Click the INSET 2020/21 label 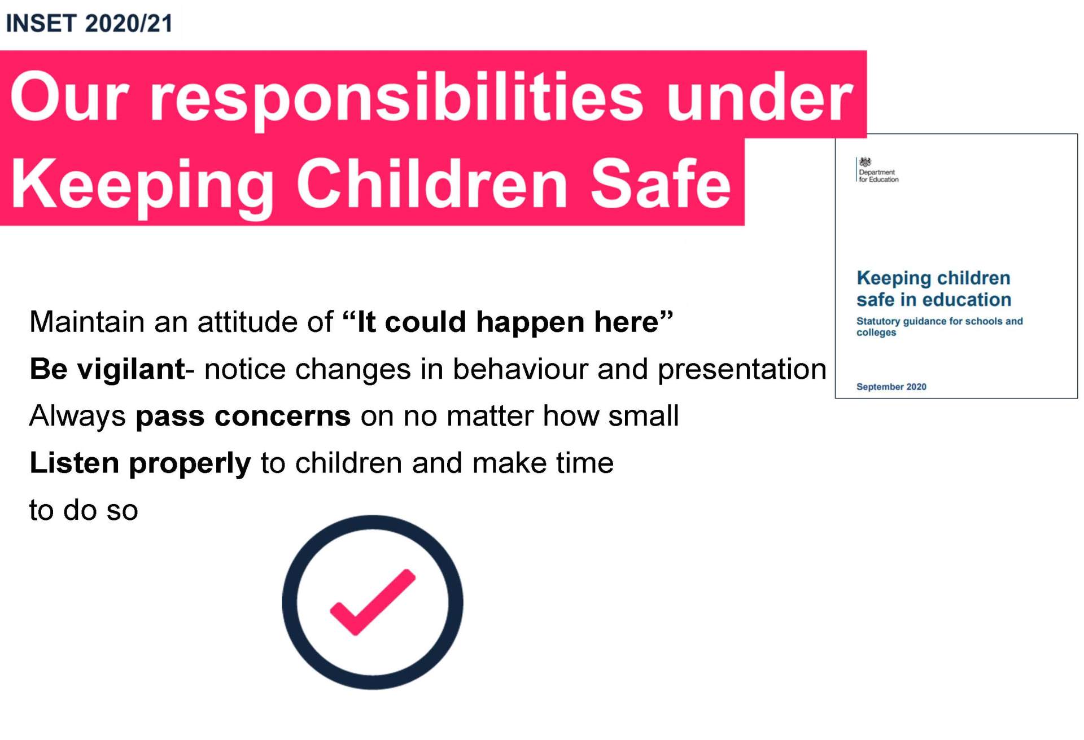point(89,24)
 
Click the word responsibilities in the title point(396,99)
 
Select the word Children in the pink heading point(432,183)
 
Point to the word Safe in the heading point(661,183)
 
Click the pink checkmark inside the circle point(373,602)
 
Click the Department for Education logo point(877,170)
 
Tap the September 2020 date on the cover point(891,387)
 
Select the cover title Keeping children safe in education point(934,288)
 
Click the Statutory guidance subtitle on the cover point(939,326)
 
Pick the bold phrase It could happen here point(508,322)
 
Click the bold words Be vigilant point(107,369)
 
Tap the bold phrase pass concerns point(243,417)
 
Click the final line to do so point(84,510)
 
